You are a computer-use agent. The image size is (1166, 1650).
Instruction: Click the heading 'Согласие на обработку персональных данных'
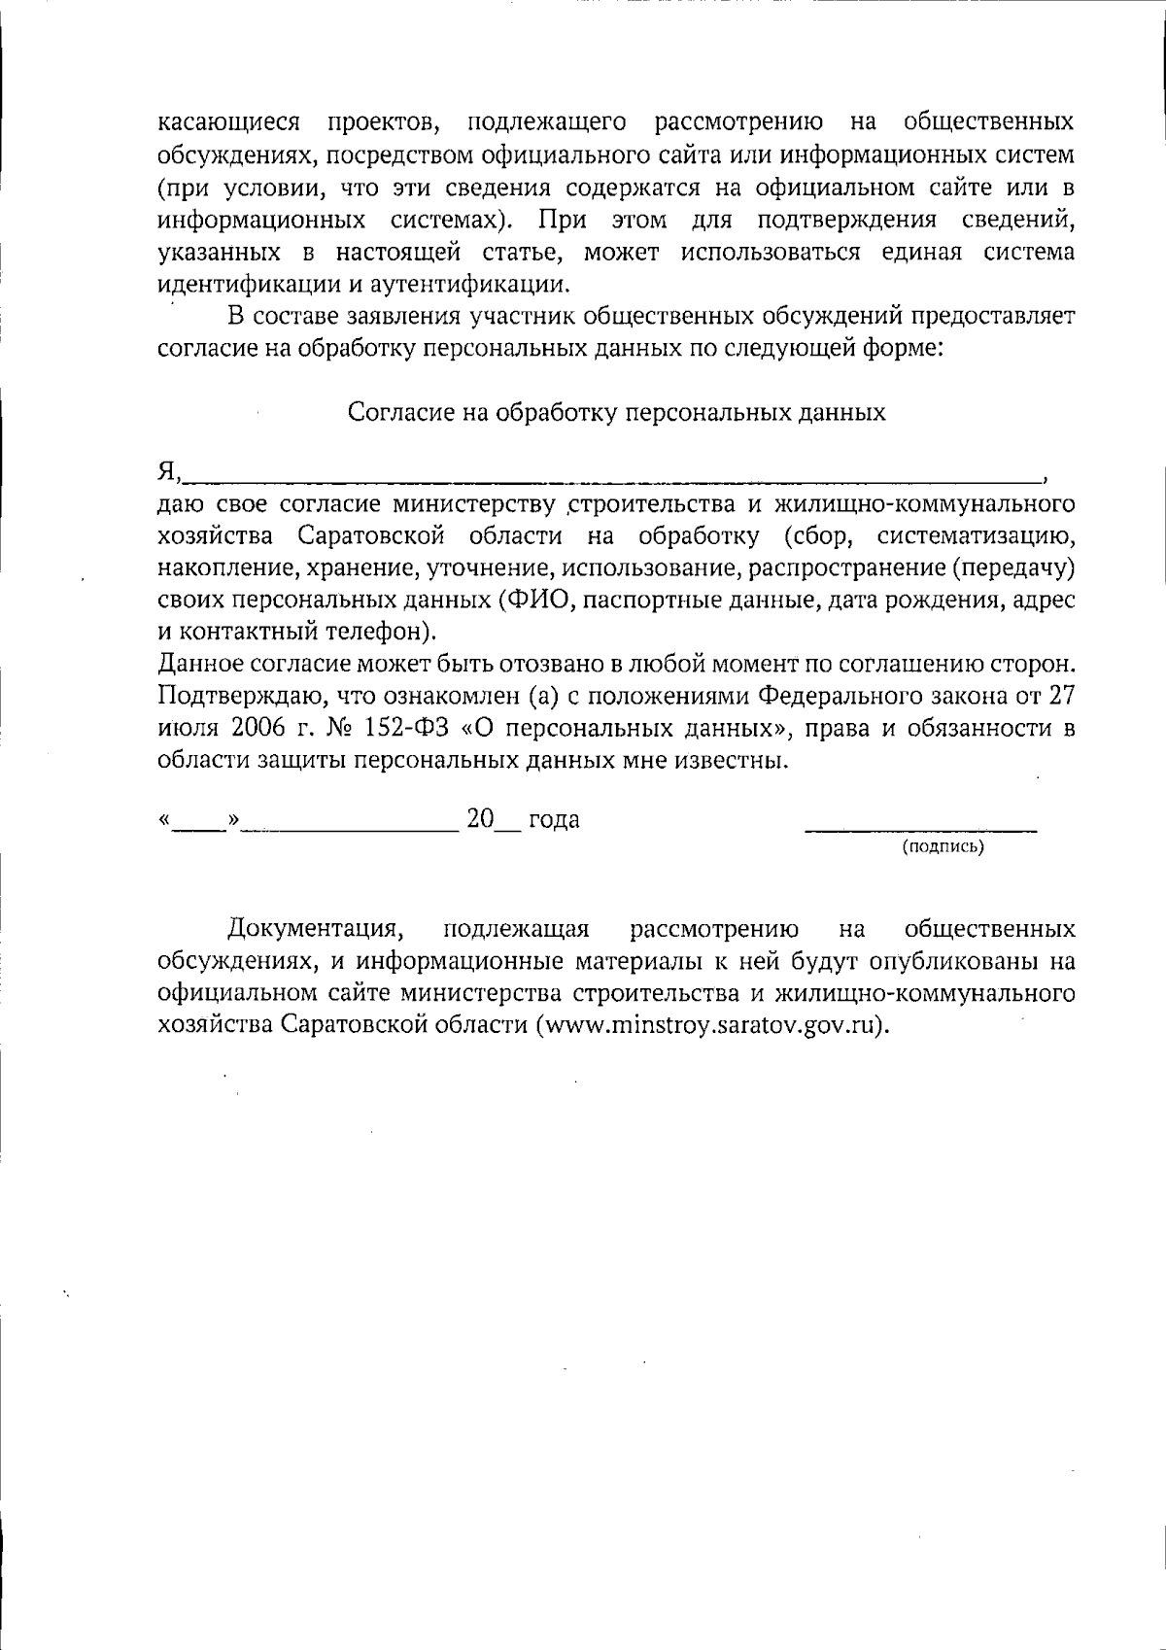[616, 413]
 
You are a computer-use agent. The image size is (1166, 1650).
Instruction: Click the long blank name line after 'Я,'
[612, 478]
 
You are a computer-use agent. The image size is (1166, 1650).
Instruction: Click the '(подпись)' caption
[943, 847]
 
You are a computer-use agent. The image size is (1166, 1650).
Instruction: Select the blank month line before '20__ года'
[351, 830]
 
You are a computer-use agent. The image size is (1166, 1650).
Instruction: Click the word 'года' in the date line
[553, 820]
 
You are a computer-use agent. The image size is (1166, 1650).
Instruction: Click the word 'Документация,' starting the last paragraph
[315, 930]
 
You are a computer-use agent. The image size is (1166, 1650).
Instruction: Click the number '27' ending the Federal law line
[1061, 697]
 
